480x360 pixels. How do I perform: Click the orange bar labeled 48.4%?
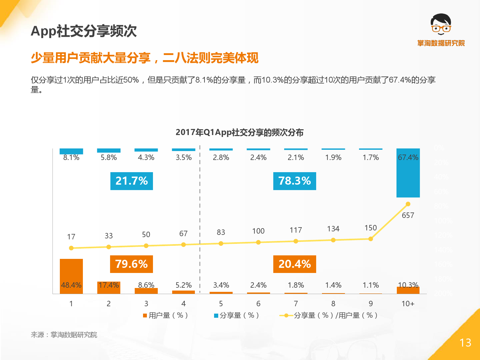71,276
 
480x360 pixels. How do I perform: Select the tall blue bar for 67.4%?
408,173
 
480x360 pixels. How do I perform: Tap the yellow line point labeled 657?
408,204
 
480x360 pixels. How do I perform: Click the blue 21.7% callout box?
132,181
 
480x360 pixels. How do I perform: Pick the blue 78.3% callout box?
294,181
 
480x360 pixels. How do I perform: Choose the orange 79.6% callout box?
132,264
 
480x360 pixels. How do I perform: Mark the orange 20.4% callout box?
294,264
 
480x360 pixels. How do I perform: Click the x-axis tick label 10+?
408,304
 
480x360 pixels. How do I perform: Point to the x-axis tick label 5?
221,304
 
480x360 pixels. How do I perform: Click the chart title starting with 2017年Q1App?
239,132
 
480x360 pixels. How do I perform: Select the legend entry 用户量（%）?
166,316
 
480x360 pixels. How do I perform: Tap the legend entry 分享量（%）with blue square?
237,316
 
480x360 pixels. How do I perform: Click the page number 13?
465,343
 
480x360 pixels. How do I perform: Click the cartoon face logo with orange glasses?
441,25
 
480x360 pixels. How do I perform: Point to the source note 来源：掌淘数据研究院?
64,335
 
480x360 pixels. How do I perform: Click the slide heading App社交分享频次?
84,31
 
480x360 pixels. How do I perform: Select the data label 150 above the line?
371,228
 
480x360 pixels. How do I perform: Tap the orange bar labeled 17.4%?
109,287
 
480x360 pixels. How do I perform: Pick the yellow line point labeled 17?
71,248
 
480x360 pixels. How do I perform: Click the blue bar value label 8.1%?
71,157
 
